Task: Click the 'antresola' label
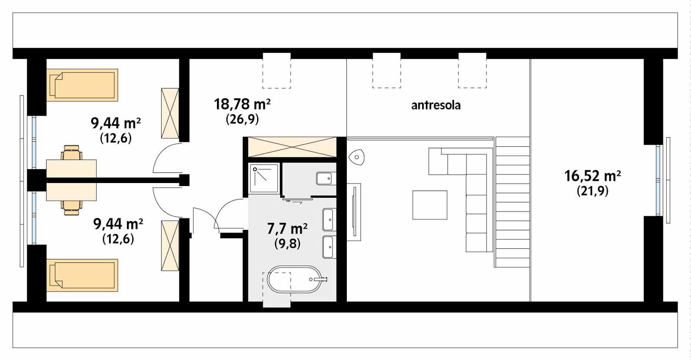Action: (436, 105)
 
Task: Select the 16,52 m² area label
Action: (593, 176)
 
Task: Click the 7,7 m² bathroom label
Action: (287, 228)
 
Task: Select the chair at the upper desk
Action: (71, 153)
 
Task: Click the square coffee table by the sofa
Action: (429, 205)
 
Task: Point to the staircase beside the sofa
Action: (512, 201)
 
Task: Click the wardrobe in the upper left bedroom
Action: (169, 113)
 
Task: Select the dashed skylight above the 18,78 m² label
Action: (277, 71)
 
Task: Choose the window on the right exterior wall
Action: (659, 180)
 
